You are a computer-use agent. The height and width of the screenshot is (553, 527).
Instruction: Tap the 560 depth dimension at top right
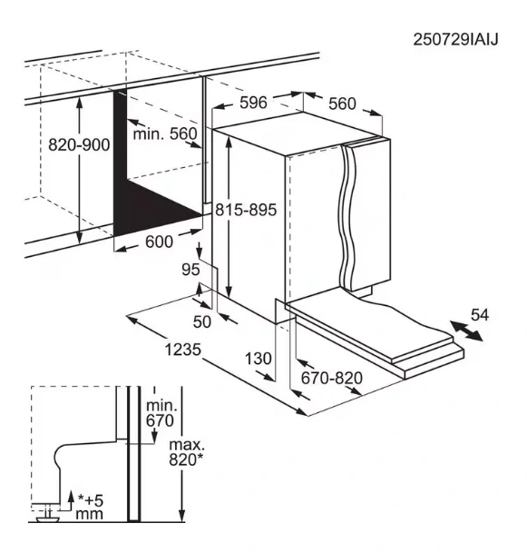(342, 104)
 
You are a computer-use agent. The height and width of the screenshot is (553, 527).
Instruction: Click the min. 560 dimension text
(164, 134)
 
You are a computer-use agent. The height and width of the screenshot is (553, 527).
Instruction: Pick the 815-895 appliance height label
(244, 209)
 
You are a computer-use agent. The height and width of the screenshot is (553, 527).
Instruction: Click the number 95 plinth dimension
(190, 270)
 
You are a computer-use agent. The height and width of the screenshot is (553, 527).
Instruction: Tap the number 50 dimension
(201, 321)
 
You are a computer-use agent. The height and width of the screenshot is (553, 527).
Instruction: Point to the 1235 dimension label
(182, 349)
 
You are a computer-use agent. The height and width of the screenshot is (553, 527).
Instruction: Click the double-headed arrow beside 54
(465, 333)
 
